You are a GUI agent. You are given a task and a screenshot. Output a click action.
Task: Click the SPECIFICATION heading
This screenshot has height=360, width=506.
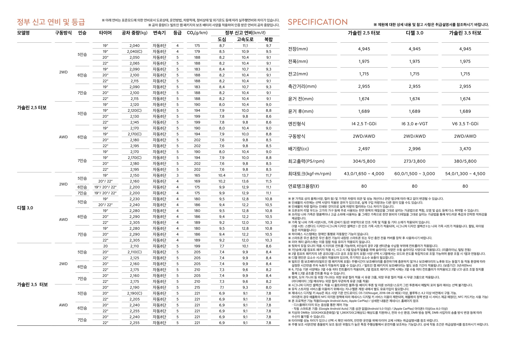click(x=317, y=22)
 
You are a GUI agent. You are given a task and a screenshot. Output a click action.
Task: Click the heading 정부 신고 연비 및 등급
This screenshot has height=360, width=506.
click(x=51, y=22)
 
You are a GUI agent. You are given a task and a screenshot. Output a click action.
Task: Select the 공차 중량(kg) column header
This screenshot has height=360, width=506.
click(x=134, y=33)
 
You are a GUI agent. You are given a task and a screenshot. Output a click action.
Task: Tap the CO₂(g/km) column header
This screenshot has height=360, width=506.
click(x=197, y=33)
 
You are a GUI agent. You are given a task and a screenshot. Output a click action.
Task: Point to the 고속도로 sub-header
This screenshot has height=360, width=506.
click(x=245, y=39)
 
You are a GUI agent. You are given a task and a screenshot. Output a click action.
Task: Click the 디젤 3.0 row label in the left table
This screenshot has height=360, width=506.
click(x=25, y=208)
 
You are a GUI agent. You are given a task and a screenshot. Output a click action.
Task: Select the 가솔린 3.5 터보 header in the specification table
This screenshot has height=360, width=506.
click(x=465, y=33)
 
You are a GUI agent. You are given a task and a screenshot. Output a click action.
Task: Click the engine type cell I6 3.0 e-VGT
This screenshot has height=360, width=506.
click(x=415, y=124)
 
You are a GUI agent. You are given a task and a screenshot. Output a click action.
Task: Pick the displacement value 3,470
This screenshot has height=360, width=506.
click(x=465, y=149)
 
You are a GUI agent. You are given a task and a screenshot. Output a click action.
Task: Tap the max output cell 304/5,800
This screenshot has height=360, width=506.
click(x=364, y=161)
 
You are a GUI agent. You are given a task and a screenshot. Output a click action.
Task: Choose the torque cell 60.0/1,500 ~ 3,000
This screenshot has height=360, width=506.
click(x=415, y=174)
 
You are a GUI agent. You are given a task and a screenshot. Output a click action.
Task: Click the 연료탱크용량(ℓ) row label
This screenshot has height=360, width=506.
click(x=304, y=186)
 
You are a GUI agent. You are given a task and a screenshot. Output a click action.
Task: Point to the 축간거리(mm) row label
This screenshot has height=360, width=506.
click(x=302, y=86)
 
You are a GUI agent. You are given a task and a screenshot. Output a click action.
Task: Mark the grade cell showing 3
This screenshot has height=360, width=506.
click(x=177, y=175)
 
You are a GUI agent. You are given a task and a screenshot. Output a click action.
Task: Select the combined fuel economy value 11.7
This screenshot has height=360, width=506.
click(x=268, y=175)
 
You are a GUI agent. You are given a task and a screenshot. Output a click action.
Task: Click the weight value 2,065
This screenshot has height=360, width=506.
click(x=134, y=63)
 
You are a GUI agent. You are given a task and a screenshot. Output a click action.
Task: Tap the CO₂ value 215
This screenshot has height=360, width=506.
click(x=197, y=287)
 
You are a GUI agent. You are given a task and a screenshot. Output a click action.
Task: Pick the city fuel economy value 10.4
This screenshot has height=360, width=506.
click(x=222, y=175)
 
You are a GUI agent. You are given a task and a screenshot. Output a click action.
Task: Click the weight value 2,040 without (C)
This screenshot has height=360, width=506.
click(x=134, y=46)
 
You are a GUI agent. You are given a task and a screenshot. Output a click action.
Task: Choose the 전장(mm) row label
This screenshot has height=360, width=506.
click(x=298, y=49)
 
